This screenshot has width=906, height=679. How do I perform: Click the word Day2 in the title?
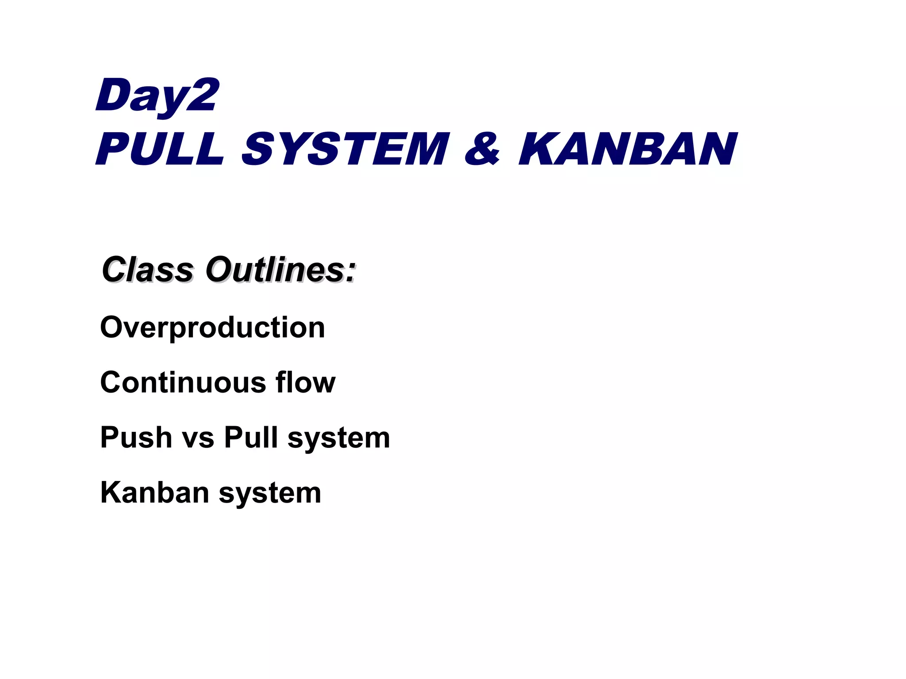click(x=157, y=96)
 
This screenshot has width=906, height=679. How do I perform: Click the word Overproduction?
click(x=213, y=328)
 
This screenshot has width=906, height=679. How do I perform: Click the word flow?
click(x=306, y=382)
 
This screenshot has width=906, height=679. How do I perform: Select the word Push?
click(x=136, y=437)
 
